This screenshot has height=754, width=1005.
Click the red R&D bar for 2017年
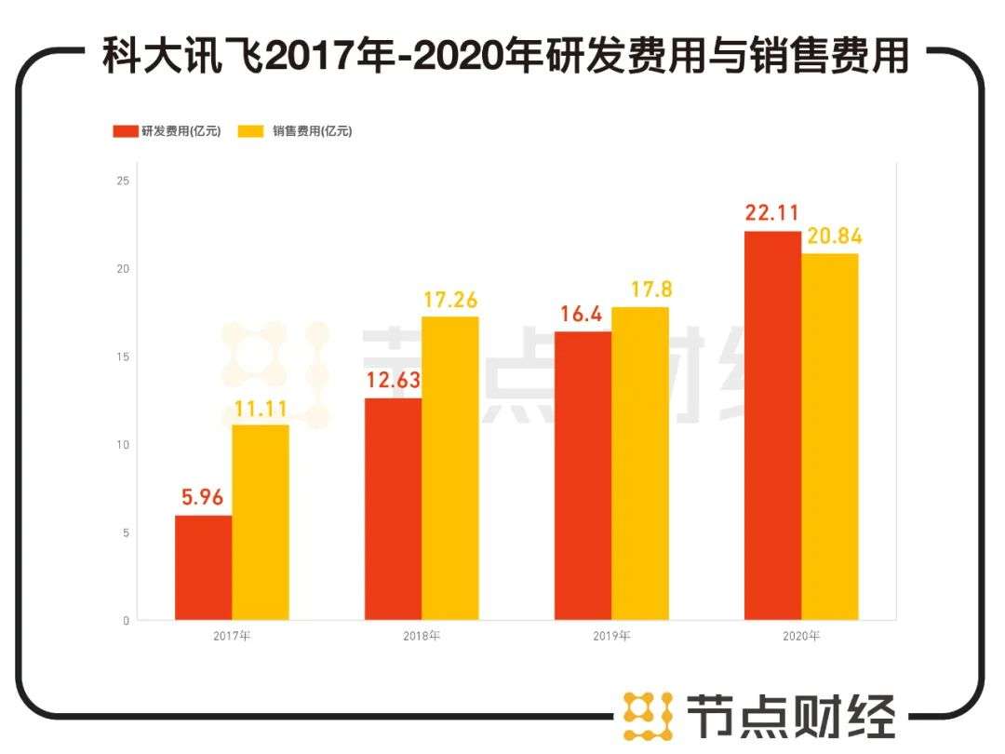[x=204, y=568]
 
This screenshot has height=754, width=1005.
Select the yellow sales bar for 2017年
[x=261, y=522]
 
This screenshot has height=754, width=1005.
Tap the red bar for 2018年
[x=393, y=509]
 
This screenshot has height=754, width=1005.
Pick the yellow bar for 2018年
[x=450, y=468]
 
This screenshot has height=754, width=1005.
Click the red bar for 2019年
[x=583, y=476]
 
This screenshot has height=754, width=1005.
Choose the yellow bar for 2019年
[x=640, y=464]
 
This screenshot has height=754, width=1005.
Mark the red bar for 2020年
[x=772, y=425]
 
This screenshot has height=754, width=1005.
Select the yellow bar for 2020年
[x=830, y=437]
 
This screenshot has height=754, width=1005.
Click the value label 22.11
[x=772, y=213]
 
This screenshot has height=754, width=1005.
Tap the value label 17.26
[x=449, y=300]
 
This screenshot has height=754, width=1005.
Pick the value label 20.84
[x=830, y=236]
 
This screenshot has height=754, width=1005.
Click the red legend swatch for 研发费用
[x=125, y=131]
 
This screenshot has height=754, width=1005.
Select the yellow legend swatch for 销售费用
[x=252, y=131]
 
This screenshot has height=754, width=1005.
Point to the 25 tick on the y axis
[x=123, y=181]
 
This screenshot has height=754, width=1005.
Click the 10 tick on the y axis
[x=123, y=445]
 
